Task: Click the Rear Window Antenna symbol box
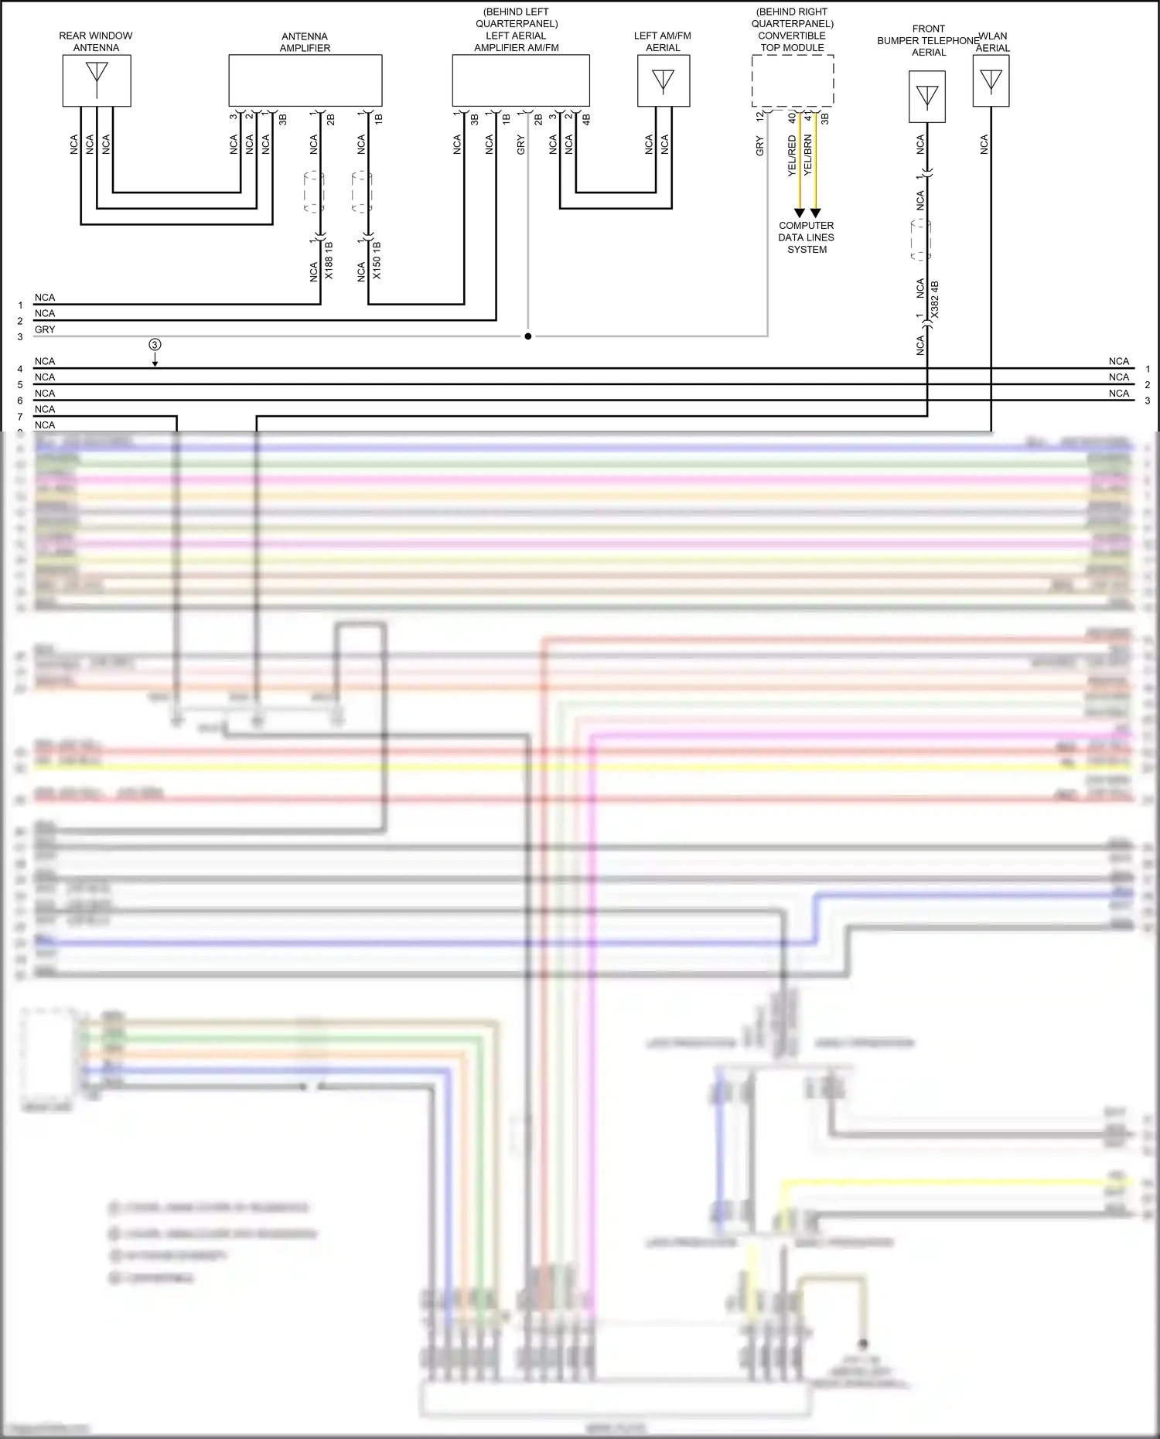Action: point(97,80)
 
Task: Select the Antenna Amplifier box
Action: point(305,80)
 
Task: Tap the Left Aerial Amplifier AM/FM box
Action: point(520,80)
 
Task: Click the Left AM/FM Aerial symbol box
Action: point(663,80)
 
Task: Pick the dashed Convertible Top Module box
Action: point(792,80)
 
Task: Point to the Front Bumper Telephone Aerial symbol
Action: point(926,96)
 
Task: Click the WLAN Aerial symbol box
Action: point(991,80)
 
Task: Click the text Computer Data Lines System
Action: point(807,237)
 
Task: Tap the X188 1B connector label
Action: point(329,260)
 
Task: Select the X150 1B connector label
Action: point(377,260)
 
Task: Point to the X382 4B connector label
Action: point(934,300)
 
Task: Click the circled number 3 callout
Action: point(155,345)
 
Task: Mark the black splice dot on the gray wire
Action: point(528,336)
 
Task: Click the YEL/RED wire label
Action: point(792,155)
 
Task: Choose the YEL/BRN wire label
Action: point(808,155)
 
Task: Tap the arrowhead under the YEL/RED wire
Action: point(800,213)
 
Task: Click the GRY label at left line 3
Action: point(45,329)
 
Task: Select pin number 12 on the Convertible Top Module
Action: point(760,116)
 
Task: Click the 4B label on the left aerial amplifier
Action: point(586,119)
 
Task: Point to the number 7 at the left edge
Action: point(20,417)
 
